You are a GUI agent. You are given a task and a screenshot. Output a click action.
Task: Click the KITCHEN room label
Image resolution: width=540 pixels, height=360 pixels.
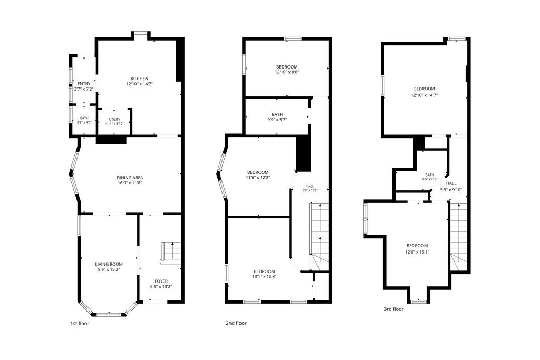[139, 79]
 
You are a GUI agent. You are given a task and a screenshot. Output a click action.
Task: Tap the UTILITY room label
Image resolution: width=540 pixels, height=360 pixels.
[114, 120]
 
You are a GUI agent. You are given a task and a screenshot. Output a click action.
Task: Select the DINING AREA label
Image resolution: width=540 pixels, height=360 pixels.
[130, 178]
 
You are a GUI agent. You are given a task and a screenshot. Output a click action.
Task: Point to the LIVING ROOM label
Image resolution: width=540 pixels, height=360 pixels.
[109, 264]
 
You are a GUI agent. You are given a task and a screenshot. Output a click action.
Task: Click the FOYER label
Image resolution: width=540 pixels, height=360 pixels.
[161, 281]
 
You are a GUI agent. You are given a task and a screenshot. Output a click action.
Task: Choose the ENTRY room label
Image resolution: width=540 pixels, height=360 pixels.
[84, 84]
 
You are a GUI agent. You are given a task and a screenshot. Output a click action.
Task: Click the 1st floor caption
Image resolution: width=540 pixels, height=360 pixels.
[80, 323]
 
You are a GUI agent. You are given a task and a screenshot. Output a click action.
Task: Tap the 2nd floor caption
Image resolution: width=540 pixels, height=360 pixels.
[236, 323]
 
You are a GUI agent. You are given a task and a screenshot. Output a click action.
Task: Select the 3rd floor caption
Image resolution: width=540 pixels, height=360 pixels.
[393, 309]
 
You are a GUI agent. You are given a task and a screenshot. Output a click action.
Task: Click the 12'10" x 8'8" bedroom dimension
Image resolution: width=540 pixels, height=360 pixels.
[287, 72]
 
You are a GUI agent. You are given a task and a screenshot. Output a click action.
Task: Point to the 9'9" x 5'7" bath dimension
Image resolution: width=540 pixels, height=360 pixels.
[277, 120]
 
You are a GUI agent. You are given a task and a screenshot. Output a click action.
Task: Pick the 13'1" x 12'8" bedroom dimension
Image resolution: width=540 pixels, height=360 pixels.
[265, 276]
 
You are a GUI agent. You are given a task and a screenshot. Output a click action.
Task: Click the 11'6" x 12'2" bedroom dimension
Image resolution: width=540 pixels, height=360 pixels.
[258, 178]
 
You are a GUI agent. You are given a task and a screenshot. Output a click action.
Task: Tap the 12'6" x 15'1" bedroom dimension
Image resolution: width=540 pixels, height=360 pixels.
[417, 251]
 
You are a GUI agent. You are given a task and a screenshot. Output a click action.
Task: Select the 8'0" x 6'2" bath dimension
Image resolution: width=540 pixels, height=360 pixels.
[429, 179]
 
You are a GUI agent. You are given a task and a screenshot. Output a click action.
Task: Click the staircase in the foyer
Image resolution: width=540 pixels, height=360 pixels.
[171, 254]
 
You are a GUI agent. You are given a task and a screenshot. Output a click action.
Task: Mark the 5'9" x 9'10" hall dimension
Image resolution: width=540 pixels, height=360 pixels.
[451, 190]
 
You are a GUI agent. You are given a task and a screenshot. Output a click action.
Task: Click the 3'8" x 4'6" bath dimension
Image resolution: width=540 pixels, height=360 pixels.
[84, 122]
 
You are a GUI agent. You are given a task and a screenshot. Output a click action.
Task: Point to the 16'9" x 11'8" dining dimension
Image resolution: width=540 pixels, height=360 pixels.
[130, 183]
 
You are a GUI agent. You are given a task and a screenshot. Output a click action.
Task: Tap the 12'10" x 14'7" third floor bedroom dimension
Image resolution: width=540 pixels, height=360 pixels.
[425, 95]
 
